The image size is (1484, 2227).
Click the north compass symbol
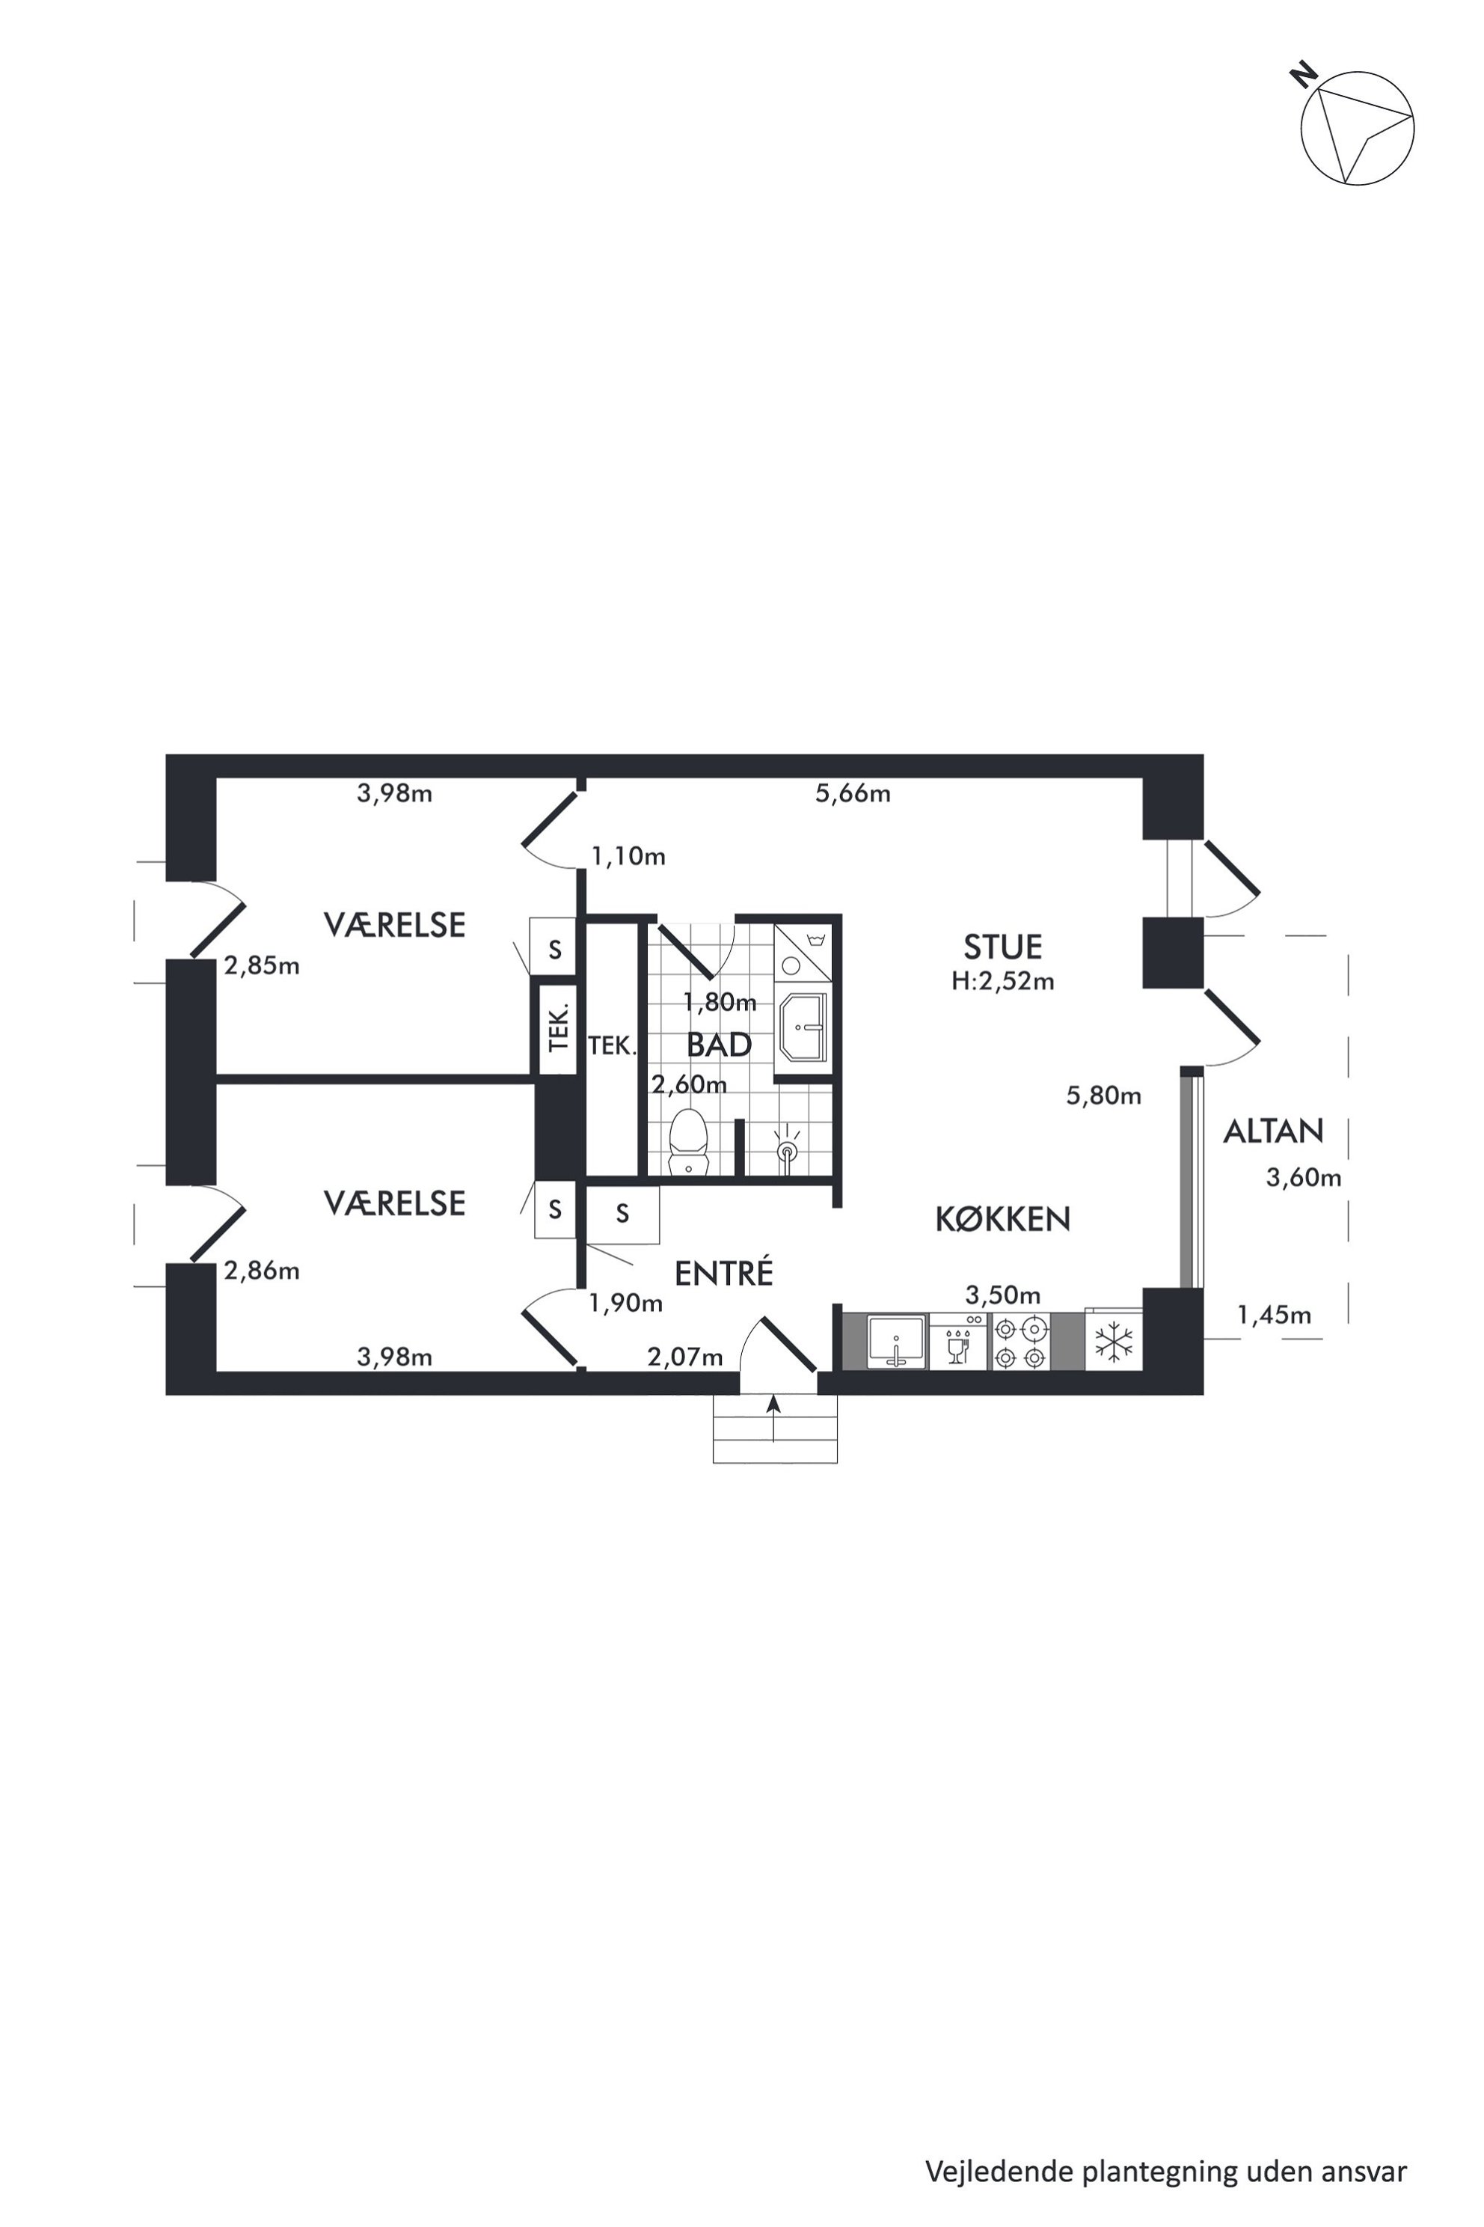click(x=1356, y=126)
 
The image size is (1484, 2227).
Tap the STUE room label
click(x=1002, y=947)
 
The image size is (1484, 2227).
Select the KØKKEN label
click(x=1002, y=1218)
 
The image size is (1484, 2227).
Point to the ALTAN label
click(x=1273, y=1131)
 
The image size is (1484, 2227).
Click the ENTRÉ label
click(x=724, y=1273)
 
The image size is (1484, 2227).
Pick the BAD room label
click(x=720, y=1045)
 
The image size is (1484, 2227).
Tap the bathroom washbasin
click(x=803, y=1027)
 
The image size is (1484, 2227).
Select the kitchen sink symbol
click(x=895, y=1342)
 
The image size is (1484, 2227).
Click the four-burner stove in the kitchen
click(x=1021, y=1342)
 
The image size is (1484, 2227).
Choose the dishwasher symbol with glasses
click(x=959, y=1342)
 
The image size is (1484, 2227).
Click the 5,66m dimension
click(x=853, y=793)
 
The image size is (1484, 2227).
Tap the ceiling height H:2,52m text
click(x=1002, y=981)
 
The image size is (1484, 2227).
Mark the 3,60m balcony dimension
click(x=1303, y=1178)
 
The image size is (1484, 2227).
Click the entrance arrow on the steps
click(x=774, y=1417)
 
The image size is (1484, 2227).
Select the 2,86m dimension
click(x=261, y=1271)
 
